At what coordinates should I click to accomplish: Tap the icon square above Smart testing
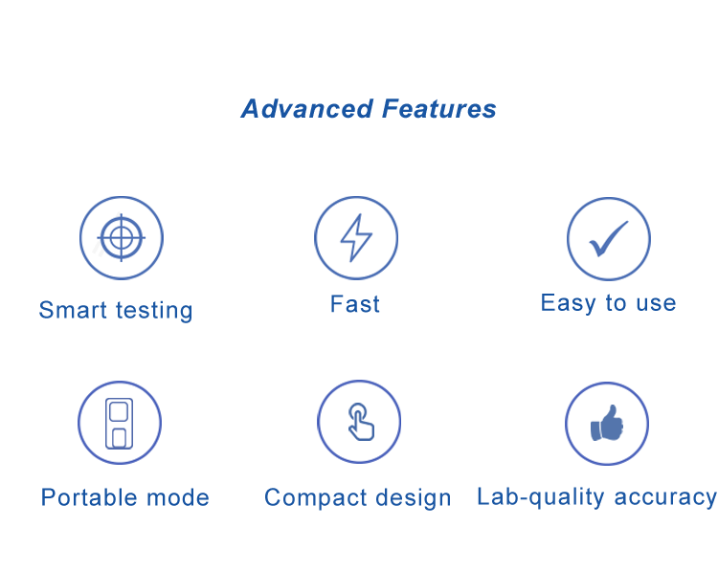[x=122, y=238]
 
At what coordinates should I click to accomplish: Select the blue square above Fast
[x=356, y=238]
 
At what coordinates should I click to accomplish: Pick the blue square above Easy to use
[x=609, y=239]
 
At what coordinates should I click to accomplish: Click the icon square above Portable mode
[x=120, y=423]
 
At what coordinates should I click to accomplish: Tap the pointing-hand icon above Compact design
[x=360, y=422]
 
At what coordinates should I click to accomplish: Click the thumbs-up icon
[x=607, y=424]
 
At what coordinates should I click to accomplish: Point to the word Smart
[x=73, y=311]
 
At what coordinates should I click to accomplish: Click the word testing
[x=153, y=311]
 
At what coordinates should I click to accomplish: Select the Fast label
[x=355, y=304]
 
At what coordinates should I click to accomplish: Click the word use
[x=654, y=303]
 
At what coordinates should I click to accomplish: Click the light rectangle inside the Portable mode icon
[x=119, y=423]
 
